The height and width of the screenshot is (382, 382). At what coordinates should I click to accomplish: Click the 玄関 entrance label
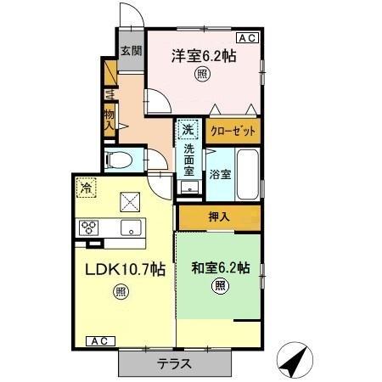[x=130, y=51]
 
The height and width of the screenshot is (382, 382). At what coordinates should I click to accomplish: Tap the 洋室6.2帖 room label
[x=204, y=56]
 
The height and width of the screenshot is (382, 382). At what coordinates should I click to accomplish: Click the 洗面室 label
[x=189, y=161]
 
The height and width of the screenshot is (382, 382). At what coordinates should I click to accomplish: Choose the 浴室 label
[x=221, y=176]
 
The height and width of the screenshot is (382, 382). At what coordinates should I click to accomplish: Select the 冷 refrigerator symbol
[x=86, y=186]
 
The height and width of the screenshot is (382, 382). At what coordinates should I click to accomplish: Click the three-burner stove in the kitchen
[x=90, y=227]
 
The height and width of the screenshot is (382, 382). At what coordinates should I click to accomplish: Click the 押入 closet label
[x=219, y=218]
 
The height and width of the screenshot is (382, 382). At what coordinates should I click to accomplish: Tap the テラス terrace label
[x=175, y=364]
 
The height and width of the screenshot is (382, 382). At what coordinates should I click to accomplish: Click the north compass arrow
[x=295, y=361]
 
